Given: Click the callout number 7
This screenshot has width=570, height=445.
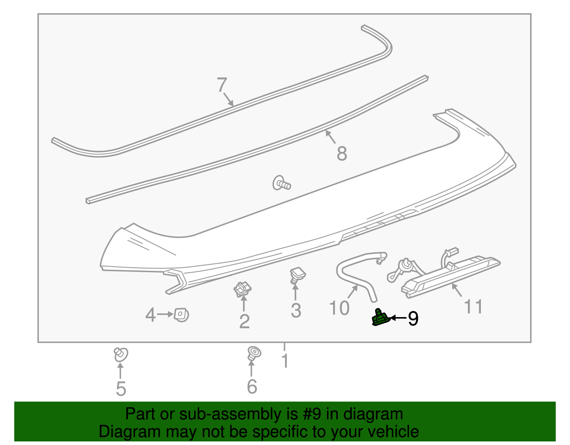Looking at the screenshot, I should point(222,85).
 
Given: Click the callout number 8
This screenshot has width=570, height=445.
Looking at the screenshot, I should point(342,154).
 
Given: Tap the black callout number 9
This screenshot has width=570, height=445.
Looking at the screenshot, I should point(413,318).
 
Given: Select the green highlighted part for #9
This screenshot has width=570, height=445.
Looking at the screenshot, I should point(381,317).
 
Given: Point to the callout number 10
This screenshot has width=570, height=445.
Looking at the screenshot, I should point(339,308).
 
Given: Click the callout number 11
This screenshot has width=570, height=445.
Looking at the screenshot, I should point(473,307).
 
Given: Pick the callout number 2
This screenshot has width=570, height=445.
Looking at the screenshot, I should point(244,321).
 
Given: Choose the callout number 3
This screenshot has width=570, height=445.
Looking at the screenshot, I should point(296,310).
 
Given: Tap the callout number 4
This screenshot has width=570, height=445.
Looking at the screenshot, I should point(150,315).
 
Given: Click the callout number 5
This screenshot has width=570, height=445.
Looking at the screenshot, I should point(121,388).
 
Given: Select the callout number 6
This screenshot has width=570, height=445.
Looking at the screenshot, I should point(252,387).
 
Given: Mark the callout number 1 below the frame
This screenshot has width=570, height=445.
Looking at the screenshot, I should point(285,361).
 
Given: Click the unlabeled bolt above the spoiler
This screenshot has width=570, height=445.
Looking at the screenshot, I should point(281,183).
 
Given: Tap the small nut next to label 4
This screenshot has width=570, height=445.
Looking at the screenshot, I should point(181,315).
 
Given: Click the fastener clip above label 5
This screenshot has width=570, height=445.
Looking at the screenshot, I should point(121,355).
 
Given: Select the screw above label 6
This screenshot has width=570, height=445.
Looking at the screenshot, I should point(254,353).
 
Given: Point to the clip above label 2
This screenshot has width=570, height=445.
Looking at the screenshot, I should point(242,289).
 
